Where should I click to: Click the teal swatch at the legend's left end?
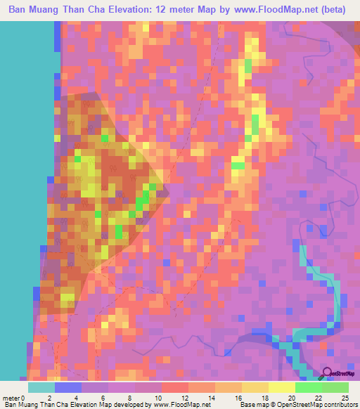(41, 387)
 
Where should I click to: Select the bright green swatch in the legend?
(308, 387)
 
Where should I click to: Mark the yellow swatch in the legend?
(281, 387)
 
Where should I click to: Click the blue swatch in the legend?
(68, 387)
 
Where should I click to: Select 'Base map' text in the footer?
(255, 405)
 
